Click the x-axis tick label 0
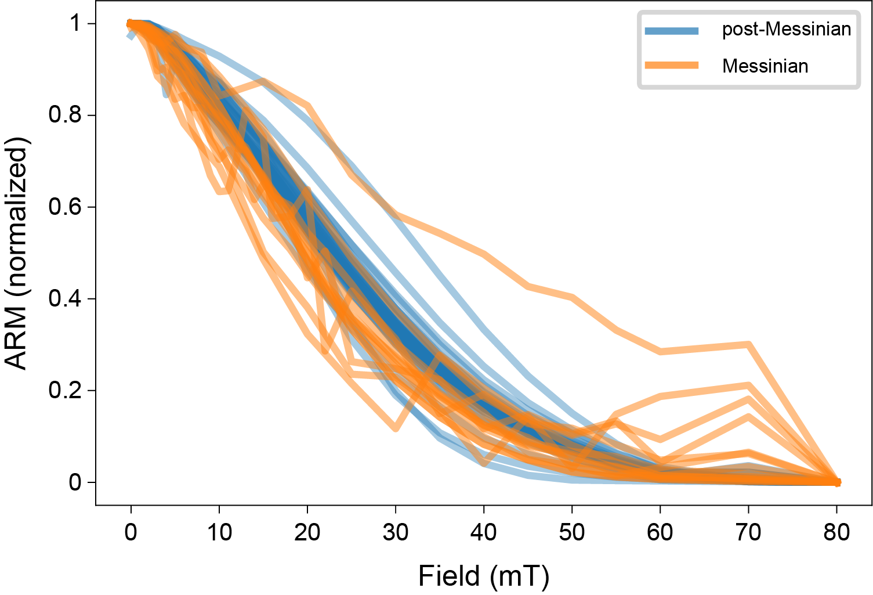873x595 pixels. click(x=131, y=532)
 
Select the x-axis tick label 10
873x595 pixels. click(x=219, y=532)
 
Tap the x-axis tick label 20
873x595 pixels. click(x=307, y=532)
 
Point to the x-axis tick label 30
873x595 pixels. click(x=396, y=532)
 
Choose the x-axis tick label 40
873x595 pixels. click(x=484, y=532)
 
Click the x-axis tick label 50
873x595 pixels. click(x=572, y=532)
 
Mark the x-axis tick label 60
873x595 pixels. click(x=660, y=532)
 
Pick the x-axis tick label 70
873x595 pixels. click(x=748, y=532)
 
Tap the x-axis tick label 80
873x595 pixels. click(x=836, y=532)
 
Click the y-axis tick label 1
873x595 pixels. click(x=75, y=24)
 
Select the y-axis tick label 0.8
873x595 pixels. click(x=64, y=116)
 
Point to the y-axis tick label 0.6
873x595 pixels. click(x=64, y=207)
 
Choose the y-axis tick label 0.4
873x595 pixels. click(x=64, y=299)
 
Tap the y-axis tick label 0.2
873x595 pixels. click(x=64, y=391)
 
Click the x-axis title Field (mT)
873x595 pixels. click(x=484, y=576)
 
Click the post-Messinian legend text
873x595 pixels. click(x=786, y=29)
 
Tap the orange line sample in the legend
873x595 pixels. click(x=672, y=66)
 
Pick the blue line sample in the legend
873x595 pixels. click(x=672, y=30)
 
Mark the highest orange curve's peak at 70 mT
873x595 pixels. click(x=748, y=345)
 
